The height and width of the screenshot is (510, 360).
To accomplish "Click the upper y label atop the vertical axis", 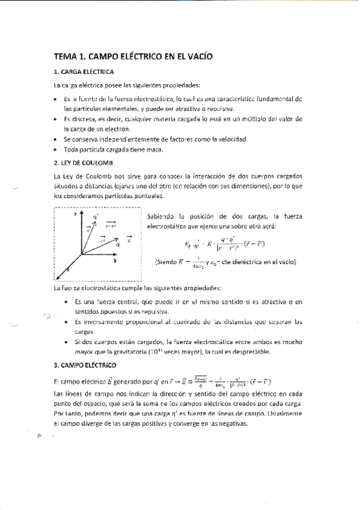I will (x=75, y=214).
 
